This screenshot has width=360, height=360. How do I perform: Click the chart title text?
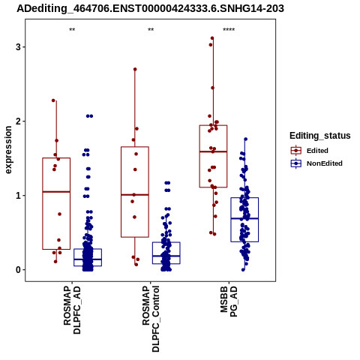pos(150,9)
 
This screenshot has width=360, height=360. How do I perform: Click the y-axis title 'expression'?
pos(8,150)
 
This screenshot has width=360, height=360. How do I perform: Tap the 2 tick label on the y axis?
pos(18,121)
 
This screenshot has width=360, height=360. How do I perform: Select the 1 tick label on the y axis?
pos(18,196)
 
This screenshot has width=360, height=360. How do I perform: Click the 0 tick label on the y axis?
pos(18,270)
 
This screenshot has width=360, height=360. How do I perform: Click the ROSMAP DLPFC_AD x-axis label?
pos(72,310)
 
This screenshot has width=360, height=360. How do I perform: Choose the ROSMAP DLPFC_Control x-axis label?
pos(151,319)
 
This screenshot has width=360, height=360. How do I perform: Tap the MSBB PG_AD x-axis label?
pos(229,301)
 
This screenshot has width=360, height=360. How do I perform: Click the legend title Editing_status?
pos(320,136)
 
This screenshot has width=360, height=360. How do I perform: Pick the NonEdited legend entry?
pos(316,163)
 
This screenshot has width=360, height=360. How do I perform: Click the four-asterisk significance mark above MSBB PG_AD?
pos(229,30)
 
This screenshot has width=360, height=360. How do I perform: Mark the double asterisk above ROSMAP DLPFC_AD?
pos(72,30)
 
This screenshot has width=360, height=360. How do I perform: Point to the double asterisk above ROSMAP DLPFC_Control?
pos(151,30)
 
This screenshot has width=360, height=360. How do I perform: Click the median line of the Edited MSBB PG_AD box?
pos(213,151)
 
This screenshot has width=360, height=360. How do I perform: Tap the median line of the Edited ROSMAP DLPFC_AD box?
pos(56,192)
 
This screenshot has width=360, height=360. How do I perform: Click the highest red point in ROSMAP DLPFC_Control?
pos(135,69)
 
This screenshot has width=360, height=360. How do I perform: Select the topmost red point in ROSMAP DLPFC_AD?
pos(53,100)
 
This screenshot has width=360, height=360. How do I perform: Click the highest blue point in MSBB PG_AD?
pos(246,139)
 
